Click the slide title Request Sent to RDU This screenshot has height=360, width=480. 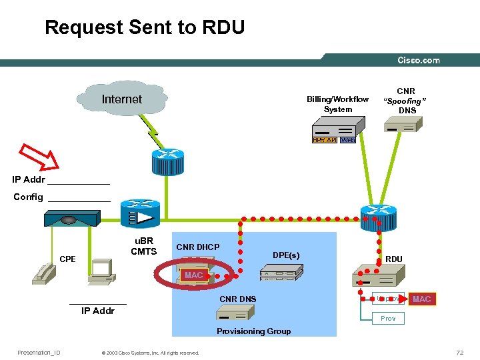click(x=145, y=27)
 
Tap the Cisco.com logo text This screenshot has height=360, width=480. click(x=419, y=60)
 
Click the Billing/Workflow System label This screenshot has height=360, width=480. click(x=337, y=104)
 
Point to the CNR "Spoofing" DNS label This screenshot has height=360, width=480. click(x=406, y=101)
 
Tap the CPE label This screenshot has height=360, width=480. click(x=67, y=259)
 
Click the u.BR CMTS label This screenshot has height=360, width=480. click(x=143, y=246)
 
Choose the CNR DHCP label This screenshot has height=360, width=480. click(x=197, y=247)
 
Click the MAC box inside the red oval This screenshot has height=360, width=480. click(x=194, y=275)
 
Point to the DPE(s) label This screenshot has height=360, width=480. click(x=286, y=255)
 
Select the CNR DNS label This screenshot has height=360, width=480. click(x=237, y=299)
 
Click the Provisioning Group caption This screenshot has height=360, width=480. click(x=253, y=331)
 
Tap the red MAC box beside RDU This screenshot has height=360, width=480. click(x=421, y=299)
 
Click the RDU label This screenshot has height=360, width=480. click(x=393, y=259)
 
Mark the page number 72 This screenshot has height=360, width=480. click(x=459, y=352)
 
